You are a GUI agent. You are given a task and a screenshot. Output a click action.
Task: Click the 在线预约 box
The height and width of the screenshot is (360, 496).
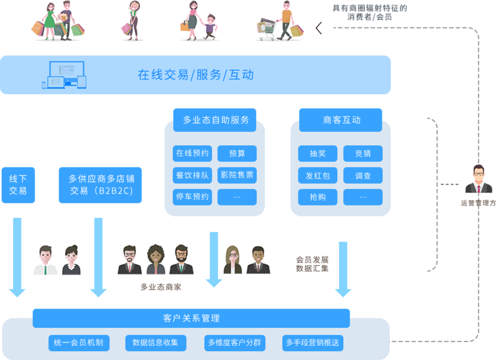192,154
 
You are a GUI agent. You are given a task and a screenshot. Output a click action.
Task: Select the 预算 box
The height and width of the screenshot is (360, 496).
237,154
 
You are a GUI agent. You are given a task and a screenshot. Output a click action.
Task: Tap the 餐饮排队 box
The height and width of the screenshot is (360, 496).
192,175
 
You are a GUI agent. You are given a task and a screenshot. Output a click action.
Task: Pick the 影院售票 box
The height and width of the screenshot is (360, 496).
237,175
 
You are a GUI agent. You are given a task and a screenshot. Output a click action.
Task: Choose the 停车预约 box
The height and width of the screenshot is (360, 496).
192,197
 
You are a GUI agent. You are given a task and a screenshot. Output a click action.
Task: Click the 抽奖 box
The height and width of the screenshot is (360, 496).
318,154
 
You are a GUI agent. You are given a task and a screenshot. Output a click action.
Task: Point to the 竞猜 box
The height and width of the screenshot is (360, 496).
363,154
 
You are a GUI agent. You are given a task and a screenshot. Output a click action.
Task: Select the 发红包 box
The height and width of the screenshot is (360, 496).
318,175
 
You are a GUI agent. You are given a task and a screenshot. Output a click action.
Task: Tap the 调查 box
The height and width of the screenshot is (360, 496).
363,175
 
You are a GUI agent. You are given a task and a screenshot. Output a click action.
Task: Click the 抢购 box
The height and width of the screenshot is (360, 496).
318,197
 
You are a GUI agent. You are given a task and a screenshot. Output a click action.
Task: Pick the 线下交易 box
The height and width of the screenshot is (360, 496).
18,185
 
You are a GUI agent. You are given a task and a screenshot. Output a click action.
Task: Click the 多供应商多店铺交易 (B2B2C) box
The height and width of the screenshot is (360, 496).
100,185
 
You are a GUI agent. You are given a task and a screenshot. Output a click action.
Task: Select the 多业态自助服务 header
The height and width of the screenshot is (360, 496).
215,120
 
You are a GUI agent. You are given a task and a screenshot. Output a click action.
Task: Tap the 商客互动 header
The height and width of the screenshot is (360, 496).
341,120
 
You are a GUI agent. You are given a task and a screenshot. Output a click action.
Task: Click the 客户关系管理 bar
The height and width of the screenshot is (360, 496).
191,318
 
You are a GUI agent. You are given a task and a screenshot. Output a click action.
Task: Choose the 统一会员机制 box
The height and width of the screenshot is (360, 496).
78,343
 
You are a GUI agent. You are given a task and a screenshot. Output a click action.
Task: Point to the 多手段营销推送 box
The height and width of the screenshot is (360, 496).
313,343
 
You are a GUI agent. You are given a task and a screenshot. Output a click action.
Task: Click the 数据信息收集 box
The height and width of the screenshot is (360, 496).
156,343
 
